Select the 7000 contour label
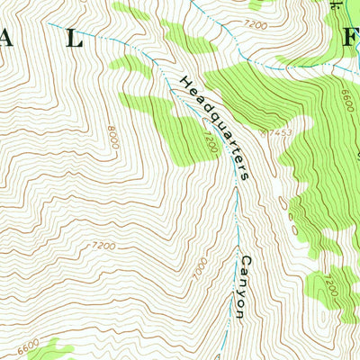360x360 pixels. click(x=200, y=268)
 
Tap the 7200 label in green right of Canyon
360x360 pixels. click(x=331, y=288)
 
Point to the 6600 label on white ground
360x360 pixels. click(x=30, y=343)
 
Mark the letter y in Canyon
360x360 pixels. click(x=241, y=292)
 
